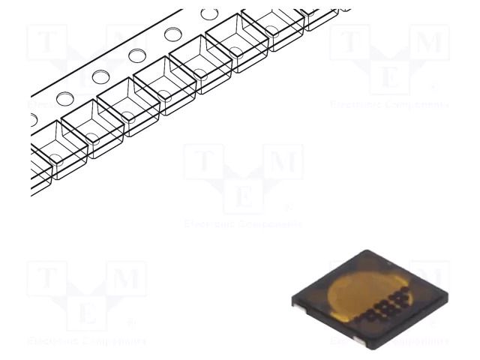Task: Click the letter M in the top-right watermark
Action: (x=430, y=43)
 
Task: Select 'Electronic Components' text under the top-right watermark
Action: (x=390, y=104)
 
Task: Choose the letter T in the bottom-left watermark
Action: (x=47, y=280)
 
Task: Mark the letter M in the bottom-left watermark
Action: (x=127, y=280)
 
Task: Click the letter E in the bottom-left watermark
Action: (x=87, y=313)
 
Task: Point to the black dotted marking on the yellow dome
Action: (x=390, y=301)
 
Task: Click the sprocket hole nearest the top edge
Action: (x=209, y=14)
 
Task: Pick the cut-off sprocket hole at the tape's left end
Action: (x=33, y=118)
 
